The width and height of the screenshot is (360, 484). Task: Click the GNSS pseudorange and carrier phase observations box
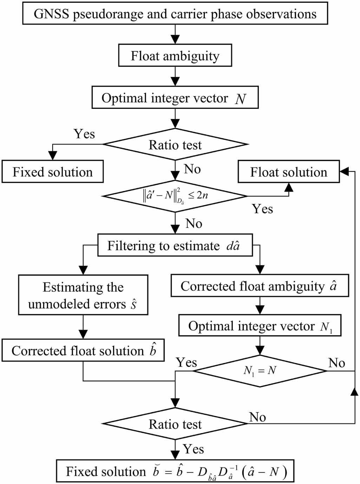[x=175, y=13]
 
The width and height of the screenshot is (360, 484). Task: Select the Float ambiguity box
[x=175, y=55]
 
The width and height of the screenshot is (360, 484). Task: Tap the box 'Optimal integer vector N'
[x=175, y=98]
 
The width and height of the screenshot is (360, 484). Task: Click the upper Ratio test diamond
[x=175, y=144]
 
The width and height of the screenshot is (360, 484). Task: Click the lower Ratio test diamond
[x=175, y=424]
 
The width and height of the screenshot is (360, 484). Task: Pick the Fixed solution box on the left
[x=53, y=172]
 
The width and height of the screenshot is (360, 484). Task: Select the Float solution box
[x=288, y=172]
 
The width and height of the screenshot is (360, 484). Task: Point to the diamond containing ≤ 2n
[x=175, y=196]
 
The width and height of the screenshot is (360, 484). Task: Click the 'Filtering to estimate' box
[x=175, y=245]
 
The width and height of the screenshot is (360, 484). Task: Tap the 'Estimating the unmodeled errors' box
[x=83, y=295]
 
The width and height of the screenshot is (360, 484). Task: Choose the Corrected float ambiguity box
[x=260, y=286]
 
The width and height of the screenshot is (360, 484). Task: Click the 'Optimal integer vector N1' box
[x=260, y=326]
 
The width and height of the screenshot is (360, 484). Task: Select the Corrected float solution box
[x=83, y=350]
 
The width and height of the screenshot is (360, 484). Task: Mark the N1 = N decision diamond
[x=260, y=370]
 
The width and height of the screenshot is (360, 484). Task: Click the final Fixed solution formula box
[x=175, y=471]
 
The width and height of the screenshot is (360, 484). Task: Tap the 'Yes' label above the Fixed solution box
[x=84, y=134]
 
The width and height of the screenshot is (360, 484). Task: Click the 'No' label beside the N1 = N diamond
[x=336, y=363]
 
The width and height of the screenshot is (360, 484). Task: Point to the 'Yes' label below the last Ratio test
[x=193, y=449]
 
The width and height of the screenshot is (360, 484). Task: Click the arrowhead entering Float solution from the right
[x=344, y=171]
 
